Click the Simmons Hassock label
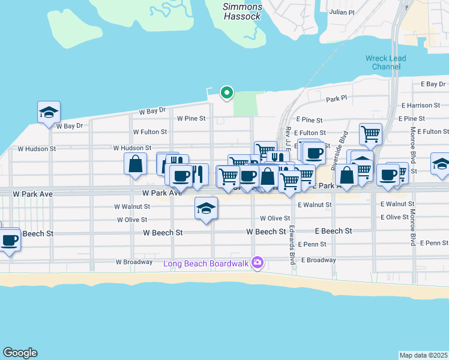click(242, 11)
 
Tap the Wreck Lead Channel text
click(385, 62)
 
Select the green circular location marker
click(227, 92)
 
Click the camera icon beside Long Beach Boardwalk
click(258, 262)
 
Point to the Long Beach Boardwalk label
click(207, 263)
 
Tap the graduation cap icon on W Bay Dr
click(49, 112)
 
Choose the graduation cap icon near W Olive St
click(206, 208)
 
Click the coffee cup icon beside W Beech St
click(9, 241)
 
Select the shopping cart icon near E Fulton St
click(370, 134)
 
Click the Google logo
click(20, 353)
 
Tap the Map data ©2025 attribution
click(423, 355)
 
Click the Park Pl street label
click(337, 98)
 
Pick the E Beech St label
click(333, 231)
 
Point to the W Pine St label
click(191, 118)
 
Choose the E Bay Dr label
click(433, 84)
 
